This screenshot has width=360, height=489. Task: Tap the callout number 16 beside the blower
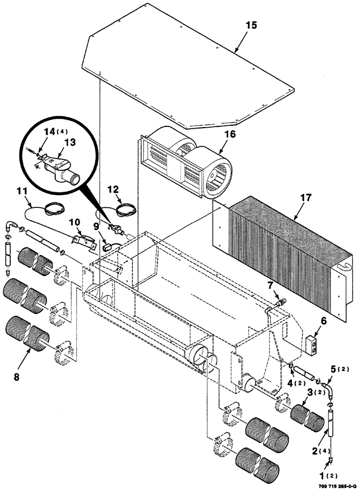[x=230, y=133]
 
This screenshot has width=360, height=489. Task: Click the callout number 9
[x=96, y=226]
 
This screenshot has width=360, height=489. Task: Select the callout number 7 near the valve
[x=284, y=285]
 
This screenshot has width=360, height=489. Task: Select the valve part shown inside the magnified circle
[x=62, y=169]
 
